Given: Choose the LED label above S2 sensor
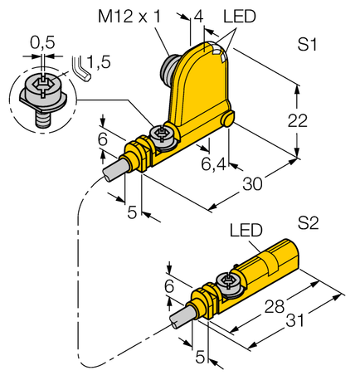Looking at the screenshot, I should (246, 230).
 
